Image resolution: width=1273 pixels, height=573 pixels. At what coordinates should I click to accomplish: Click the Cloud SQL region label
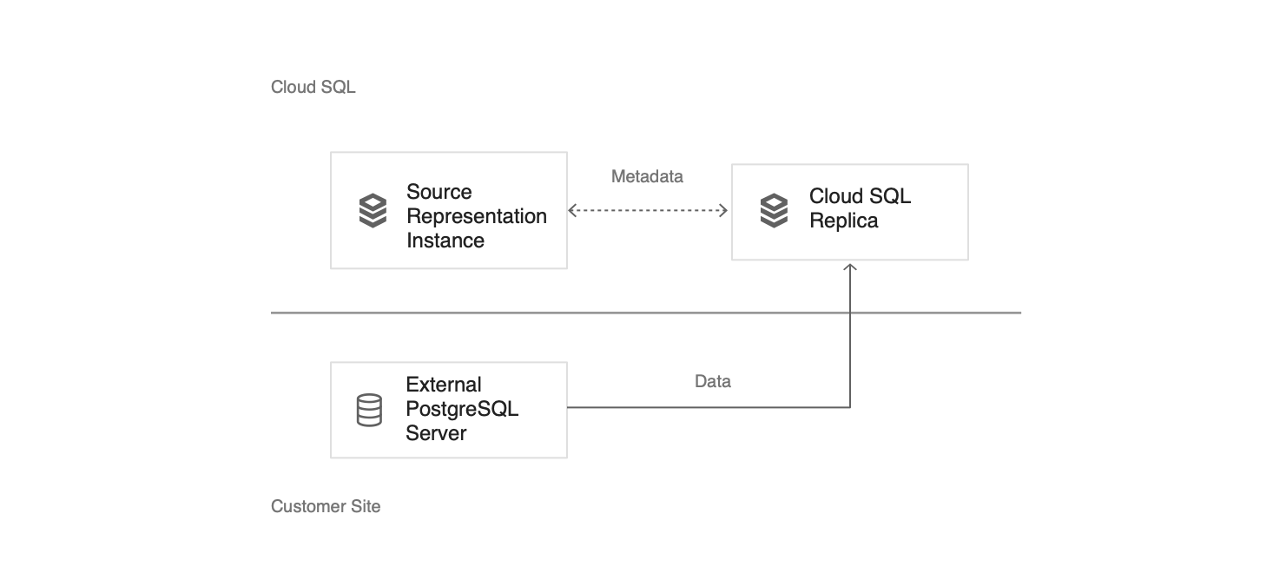click(x=313, y=87)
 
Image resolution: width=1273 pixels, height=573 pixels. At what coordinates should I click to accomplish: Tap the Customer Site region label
click(x=326, y=506)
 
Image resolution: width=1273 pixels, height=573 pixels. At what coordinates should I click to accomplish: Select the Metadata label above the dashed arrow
click(x=647, y=176)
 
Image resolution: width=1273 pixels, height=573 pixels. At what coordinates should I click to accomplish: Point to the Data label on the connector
click(x=712, y=381)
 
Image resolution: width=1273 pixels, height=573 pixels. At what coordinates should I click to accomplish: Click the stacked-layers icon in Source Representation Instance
click(x=373, y=211)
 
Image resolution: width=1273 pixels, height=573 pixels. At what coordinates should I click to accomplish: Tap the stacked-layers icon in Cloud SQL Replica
click(x=774, y=211)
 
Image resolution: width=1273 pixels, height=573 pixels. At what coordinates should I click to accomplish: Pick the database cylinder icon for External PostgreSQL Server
click(x=369, y=410)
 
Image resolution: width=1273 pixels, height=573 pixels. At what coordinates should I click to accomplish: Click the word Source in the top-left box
click(x=439, y=192)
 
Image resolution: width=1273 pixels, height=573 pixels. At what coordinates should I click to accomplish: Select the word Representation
click(x=476, y=216)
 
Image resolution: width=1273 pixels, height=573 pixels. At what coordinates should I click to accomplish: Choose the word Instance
click(x=445, y=240)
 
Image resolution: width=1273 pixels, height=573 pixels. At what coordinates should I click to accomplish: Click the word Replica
click(x=843, y=221)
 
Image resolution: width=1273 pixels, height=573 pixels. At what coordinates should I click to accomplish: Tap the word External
click(x=443, y=385)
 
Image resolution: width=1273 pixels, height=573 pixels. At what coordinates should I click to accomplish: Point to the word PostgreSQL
click(x=461, y=409)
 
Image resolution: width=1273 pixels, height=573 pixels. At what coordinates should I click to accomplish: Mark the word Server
click(x=436, y=433)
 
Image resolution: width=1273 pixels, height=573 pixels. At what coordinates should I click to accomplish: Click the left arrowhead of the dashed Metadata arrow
click(x=572, y=210)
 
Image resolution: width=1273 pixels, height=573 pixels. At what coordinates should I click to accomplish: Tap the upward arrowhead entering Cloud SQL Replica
click(x=850, y=267)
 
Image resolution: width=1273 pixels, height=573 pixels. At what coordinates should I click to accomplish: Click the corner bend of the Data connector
click(x=850, y=407)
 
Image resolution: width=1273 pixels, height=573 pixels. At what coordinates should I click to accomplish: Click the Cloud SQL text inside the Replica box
click(x=860, y=196)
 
